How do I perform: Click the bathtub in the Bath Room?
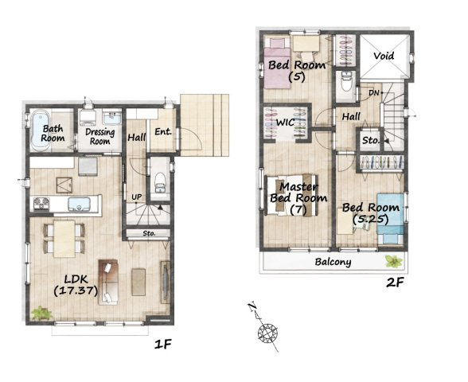point(40,131)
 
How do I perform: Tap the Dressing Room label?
point(99,136)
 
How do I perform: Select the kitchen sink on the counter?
point(79,205)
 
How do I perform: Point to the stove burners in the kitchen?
point(41,203)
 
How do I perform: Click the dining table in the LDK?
point(64,239)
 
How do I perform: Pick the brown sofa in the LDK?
point(108,282)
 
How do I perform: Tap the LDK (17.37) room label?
point(76,285)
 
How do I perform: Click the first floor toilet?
point(160,181)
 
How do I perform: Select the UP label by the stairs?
point(137,197)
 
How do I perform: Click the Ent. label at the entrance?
point(163,131)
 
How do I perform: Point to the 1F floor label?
point(163,345)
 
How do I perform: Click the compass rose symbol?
point(267,332)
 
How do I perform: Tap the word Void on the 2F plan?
point(384,56)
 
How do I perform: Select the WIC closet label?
point(285,123)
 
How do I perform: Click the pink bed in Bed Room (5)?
point(277,64)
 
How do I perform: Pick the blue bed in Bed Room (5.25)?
point(390,219)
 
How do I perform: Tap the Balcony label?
point(333,262)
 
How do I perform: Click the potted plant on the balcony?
point(394,261)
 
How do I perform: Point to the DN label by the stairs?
point(373,93)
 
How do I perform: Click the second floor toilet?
point(346,81)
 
